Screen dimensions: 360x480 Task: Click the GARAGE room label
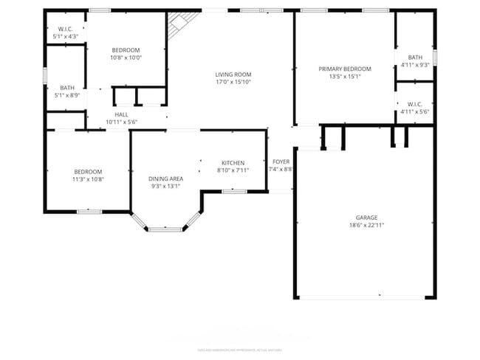click(366, 218)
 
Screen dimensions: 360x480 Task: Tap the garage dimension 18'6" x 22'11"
click(366, 225)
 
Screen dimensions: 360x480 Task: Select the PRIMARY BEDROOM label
click(345, 69)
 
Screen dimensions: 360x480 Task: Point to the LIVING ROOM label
click(233, 75)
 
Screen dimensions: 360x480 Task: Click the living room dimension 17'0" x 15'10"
click(233, 82)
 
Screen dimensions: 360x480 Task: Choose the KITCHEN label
click(233, 163)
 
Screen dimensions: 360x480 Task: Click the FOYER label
click(281, 162)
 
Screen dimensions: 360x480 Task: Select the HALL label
click(121, 114)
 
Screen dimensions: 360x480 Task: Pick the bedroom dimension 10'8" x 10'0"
click(126, 58)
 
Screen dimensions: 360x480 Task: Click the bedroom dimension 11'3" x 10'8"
click(87, 179)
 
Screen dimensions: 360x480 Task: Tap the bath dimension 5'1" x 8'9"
click(67, 94)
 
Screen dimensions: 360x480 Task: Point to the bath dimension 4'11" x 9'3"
click(415, 65)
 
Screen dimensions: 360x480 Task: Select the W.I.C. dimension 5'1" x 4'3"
click(66, 36)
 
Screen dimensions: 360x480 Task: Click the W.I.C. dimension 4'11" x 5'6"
click(415, 111)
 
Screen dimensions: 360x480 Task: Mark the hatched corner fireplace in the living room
click(177, 25)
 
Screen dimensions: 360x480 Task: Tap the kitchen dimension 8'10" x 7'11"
click(233, 170)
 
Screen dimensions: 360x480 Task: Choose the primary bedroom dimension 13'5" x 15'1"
click(345, 76)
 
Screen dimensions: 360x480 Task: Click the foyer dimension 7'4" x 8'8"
click(281, 169)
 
